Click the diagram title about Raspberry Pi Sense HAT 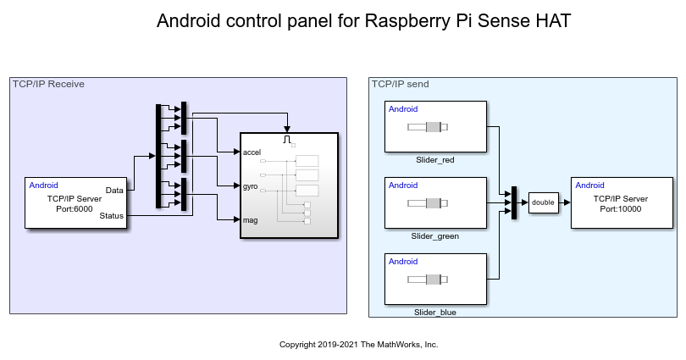pyautogui.click(x=364, y=22)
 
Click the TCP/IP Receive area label pyautogui.click(x=48, y=84)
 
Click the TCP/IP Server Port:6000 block pyautogui.click(x=75, y=203)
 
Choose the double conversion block pyautogui.click(x=543, y=202)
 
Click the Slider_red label pyautogui.click(x=435, y=159)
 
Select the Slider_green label pyautogui.click(x=435, y=235)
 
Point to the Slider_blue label pyautogui.click(x=435, y=312)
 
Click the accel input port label pyautogui.click(x=252, y=152)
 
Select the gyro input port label pyautogui.click(x=251, y=185)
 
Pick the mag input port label pyautogui.click(x=250, y=219)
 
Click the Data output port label pyautogui.click(x=114, y=190)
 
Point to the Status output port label pyautogui.click(x=111, y=216)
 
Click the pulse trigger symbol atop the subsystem pyautogui.click(x=289, y=138)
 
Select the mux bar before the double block pyautogui.click(x=513, y=202)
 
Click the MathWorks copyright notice pyautogui.click(x=358, y=345)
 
